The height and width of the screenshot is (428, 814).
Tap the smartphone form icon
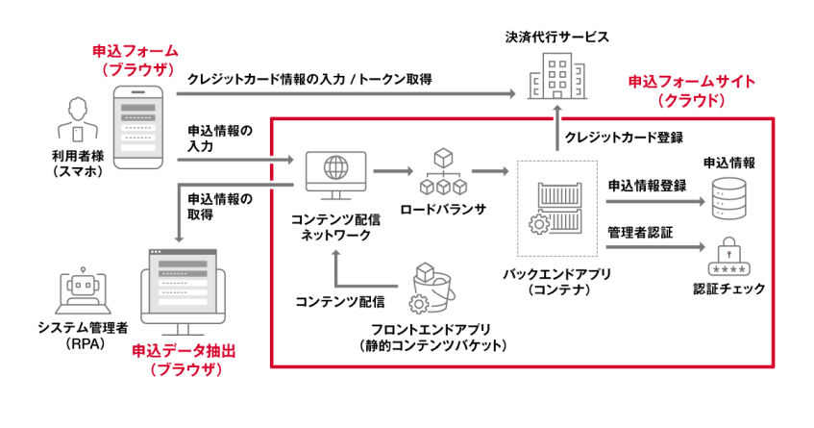point(140,125)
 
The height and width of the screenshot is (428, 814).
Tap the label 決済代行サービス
point(557,37)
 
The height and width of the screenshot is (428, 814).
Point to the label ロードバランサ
point(443,207)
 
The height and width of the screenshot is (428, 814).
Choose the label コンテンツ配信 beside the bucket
point(339,302)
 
